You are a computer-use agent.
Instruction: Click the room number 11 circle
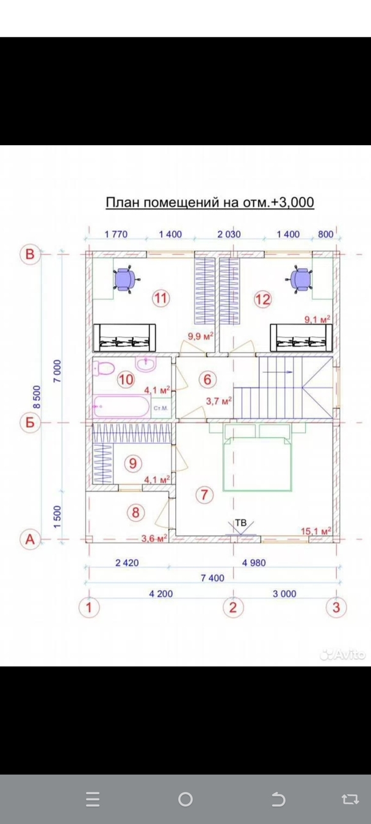(160, 298)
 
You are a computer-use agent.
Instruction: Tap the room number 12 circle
(263, 300)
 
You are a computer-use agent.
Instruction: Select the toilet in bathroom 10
(104, 369)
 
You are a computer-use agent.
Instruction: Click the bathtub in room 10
(121, 406)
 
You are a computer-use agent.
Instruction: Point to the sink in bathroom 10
(146, 364)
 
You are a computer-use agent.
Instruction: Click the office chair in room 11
(126, 279)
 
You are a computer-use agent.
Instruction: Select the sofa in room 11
(124, 338)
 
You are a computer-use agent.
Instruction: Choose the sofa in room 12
(301, 338)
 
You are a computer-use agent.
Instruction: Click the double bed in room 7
(258, 457)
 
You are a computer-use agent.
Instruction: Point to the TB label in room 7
(241, 522)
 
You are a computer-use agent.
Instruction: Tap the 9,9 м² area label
(201, 336)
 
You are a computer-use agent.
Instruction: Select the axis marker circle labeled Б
(30, 422)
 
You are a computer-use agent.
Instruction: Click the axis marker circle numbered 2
(233, 607)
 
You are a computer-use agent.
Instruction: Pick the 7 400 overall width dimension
(212, 578)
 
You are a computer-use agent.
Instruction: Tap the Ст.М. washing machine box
(161, 408)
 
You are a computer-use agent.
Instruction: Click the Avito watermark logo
(342, 654)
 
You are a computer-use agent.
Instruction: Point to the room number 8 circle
(135, 512)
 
